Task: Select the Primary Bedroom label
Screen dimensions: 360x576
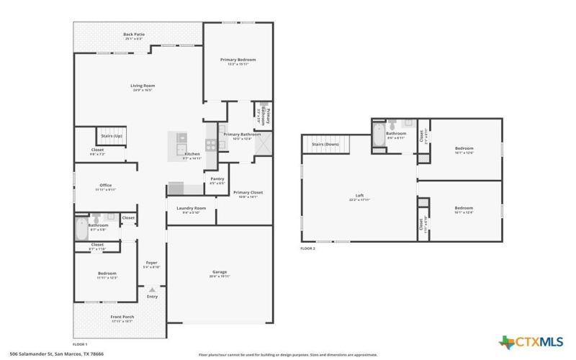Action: (x=238, y=61)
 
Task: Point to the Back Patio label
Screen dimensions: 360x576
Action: (x=134, y=35)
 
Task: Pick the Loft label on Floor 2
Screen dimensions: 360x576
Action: (x=359, y=197)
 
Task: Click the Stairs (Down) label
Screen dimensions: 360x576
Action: (x=325, y=144)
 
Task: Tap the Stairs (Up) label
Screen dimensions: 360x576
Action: (x=111, y=135)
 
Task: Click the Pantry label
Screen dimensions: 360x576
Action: (x=217, y=180)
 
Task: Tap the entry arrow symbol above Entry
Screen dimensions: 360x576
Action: (x=152, y=289)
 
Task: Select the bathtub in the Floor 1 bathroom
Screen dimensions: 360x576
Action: (x=80, y=229)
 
